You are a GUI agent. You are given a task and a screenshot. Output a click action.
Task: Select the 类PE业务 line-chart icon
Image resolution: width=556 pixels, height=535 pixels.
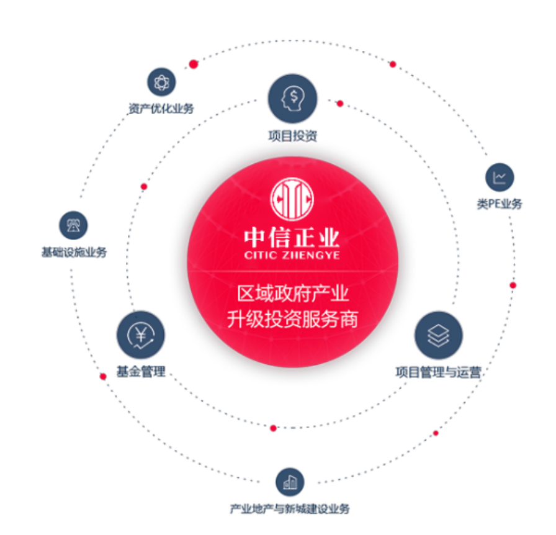pyautogui.click(x=500, y=178)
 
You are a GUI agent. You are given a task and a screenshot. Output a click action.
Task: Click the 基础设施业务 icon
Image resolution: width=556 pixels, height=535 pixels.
pyautogui.click(x=74, y=225)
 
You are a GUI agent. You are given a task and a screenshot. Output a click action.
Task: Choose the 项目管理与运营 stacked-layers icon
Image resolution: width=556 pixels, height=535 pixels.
pyautogui.click(x=438, y=335)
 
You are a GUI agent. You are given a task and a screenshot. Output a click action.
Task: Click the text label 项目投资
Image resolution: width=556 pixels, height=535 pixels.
pyautogui.click(x=292, y=135)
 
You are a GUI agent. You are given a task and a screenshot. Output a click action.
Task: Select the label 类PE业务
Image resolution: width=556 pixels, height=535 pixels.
pyautogui.click(x=500, y=204)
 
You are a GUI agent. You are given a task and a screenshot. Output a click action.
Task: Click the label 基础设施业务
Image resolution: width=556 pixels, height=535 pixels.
pyautogui.click(x=74, y=253)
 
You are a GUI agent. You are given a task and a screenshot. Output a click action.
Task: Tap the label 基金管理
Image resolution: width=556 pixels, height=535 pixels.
pyautogui.click(x=141, y=372)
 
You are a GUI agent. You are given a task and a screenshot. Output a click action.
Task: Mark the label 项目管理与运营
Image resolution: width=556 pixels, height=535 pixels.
pyautogui.click(x=438, y=372)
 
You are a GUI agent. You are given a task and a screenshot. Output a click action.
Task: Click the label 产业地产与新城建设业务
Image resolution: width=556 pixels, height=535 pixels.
pyautogui.click(x=290, y=509)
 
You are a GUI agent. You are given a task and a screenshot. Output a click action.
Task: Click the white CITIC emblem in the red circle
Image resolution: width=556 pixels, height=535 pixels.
pyautogui.click(x=292, y=198)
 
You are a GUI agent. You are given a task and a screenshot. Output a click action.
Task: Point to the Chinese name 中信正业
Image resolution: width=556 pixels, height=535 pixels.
pyautogui.click(x=292, y=238)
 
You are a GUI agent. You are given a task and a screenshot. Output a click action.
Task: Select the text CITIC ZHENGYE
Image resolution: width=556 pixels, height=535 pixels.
pyautogui.click(x=292, y=254)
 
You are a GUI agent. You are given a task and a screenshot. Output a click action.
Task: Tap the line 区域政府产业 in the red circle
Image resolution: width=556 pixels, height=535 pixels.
pyautogui.click(x=292, y=292)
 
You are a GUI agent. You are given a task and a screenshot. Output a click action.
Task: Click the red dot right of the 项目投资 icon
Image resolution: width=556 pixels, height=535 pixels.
pyautogui.click(x=339, y=103)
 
